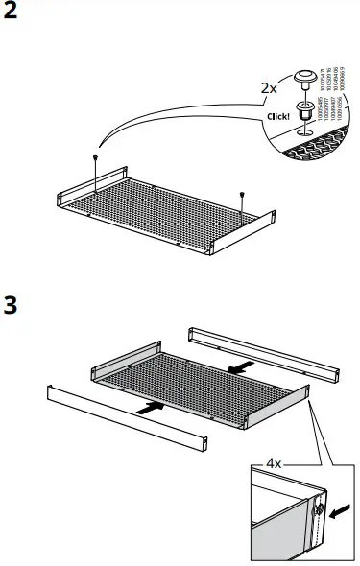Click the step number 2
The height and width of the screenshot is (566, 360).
pos(12,16)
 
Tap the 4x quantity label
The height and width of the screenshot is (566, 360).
pos(274,463)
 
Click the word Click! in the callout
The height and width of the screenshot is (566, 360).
pos(277,119)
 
